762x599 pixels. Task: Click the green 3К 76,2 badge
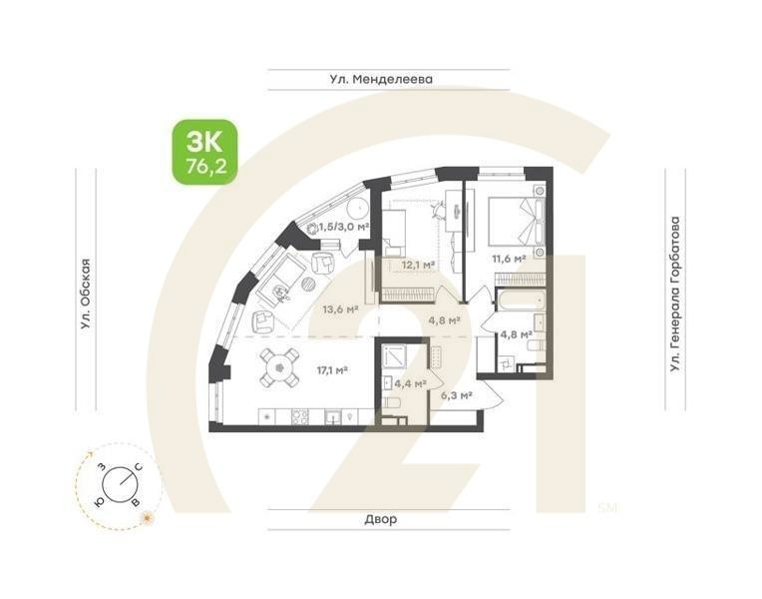tap(205, 152)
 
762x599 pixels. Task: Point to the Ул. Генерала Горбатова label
tap(676, 294)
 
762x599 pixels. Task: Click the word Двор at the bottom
tap(380, 520)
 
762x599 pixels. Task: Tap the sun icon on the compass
tap(147, 516)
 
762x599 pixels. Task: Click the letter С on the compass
tap(139, 468)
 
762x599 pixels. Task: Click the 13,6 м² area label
tap(340, 309)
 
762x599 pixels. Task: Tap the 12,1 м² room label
tap(418, 265)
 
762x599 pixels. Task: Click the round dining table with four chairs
tap(278, 368)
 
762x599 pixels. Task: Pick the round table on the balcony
tap(356, 211)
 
